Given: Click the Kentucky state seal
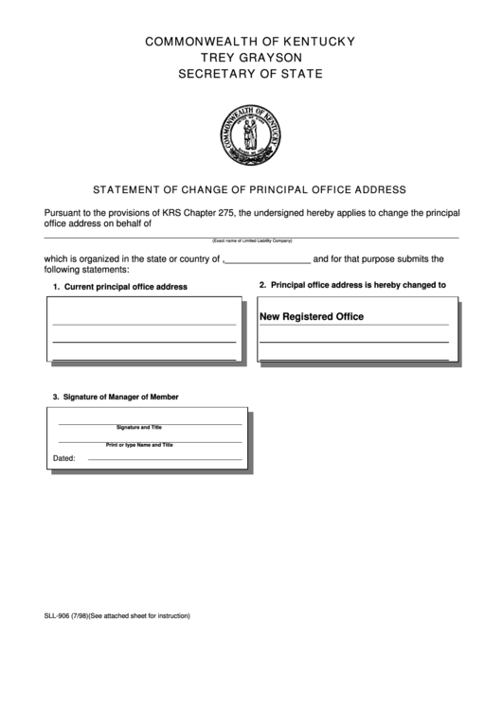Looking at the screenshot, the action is (250, 131).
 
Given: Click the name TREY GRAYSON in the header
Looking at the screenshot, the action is (250, 57).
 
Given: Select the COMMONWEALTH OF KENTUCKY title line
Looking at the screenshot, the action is (250, 41).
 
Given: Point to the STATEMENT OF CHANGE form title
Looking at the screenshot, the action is (250, 188).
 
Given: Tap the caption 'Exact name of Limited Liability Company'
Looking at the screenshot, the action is (252, 241).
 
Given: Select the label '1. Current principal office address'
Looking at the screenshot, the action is (119, 286).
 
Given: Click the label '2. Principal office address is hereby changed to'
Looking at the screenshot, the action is (352, 285).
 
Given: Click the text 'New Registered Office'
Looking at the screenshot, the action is (312, 316).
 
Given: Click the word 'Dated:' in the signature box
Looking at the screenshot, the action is (63, 458).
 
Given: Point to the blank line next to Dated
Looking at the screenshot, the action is (164, 458).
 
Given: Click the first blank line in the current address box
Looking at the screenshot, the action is (144, 323).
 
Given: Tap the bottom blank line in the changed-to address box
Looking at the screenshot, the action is (353, 358).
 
